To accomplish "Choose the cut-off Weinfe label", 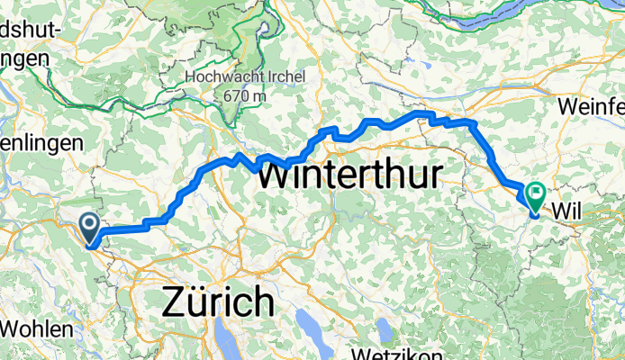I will (591, 106).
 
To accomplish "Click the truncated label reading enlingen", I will (41, 143).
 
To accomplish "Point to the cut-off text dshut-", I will (31, 31).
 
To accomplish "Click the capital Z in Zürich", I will (175, 301).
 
